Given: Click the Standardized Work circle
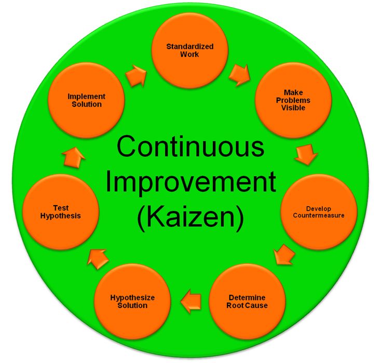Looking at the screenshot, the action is click(x=190, y=50).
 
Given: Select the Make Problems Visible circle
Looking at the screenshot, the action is click(x=293, y=100).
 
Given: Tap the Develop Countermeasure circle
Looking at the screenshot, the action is click(x=319, y=212).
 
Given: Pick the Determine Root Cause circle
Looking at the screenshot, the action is click(x=247, y=301).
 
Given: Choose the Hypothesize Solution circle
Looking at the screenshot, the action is click(x=132, y=301).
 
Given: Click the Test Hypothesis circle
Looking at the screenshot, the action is click(x=60, y=212).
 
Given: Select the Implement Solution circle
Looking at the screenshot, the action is click(x=87, y=100).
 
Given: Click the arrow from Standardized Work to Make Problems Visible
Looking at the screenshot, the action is click(x=240, y=75).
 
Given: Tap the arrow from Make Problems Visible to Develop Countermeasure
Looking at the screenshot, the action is click(x=306, y=154).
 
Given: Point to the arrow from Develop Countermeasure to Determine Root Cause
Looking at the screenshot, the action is click(x=284, y=254).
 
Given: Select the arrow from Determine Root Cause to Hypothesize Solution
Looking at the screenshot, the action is click(x=191, y=301).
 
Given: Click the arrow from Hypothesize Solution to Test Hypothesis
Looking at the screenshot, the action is click(x=98, y=259).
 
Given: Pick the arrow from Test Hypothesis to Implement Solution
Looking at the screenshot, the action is click(x=73, y=157).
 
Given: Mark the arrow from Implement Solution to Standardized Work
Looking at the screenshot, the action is click(x=136, y=76).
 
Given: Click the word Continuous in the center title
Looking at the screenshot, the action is click(x=190, y=147).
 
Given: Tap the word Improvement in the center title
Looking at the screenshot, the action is click(x=191, y=182).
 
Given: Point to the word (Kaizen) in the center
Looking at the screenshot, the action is click(x=190, y=217).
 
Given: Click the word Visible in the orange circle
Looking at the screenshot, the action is click(x=293, y=108).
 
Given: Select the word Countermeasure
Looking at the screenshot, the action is click(x=319, y=215).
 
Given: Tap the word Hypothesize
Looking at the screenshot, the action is click(x=132, y=298).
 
